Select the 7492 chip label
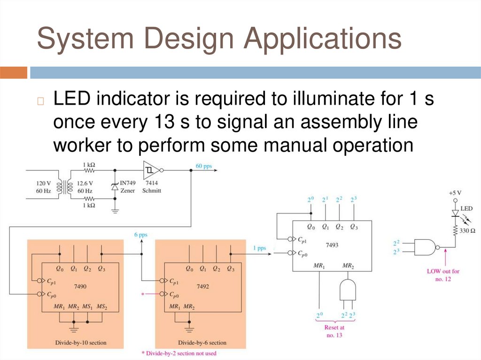tap(203, 286)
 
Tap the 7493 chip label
tap(332, 245)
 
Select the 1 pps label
tap(259, 248)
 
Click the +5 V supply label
tap(455, 193)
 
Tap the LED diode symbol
tap(455, 213)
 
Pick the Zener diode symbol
tap(115, 186)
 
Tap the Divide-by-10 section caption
tap(75, 343)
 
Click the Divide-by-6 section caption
tap(202, 343)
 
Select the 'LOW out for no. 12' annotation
tap(443, 275)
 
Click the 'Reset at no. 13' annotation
tap(334, 331)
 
